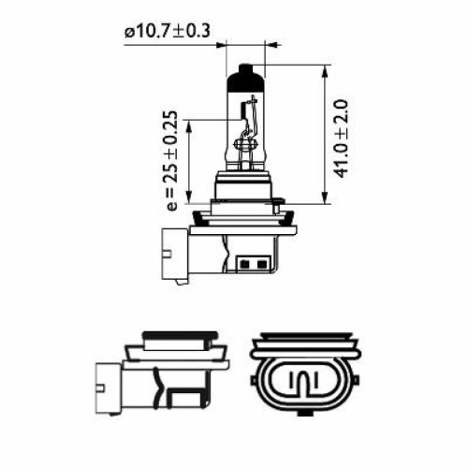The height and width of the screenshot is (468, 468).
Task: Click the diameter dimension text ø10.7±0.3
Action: click(167, 32)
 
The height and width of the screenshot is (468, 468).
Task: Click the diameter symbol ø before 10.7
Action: click(128, 32)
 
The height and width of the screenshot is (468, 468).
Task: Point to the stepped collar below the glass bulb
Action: click(243, 187)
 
